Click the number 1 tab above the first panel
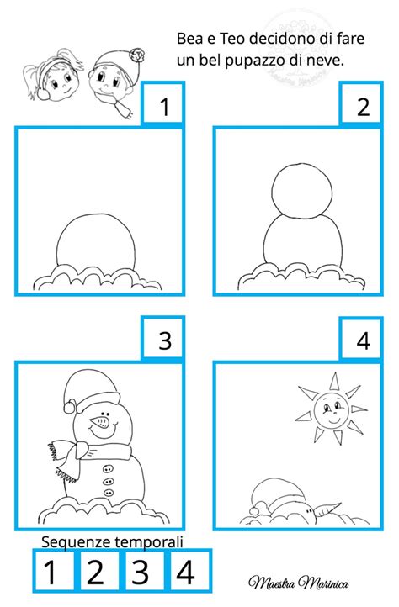coord(162,103)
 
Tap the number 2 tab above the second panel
coord(361,103)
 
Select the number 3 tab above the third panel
coord(162,338)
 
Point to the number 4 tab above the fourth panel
coord(361,338)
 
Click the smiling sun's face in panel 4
coord(331,410)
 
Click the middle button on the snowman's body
coord(109,482)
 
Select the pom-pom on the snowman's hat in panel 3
coord(70,406)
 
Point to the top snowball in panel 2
coord(302,191)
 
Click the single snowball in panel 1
coord(96,242)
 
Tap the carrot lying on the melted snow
coord(327,509)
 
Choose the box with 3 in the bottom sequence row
coord(141,572)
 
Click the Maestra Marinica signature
coord(299,583)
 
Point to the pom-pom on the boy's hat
coord(138,55)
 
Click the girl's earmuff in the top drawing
coord(44,93)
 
